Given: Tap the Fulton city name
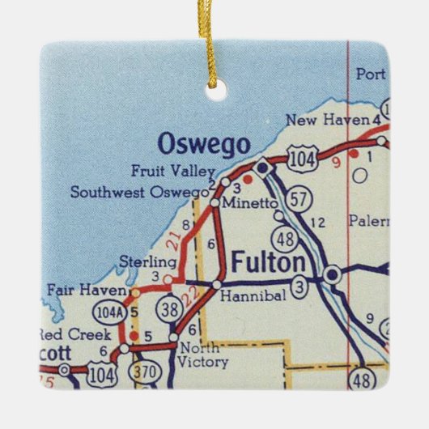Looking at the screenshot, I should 269,263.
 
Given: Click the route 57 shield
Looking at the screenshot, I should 299,198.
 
